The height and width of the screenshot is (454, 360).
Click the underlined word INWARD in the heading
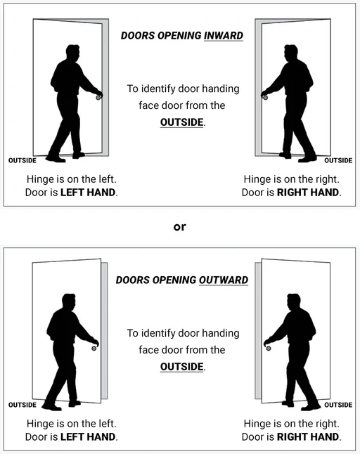coord(224,36)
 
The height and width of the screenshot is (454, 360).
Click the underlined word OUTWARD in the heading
coord(224,280)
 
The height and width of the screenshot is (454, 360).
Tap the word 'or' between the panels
coord(179,227)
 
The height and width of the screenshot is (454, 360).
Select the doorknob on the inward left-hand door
coord(98,98)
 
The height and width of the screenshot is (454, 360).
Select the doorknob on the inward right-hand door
coord(265,98)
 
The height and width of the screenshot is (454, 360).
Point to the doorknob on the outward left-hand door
coord(94,349)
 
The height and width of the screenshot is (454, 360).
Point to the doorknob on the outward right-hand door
coord(269,349)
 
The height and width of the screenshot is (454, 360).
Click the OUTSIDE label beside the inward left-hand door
coord(22,160)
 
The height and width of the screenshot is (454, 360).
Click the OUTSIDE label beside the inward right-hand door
coord(338,160)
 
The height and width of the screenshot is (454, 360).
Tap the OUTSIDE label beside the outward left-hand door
coord(22,405)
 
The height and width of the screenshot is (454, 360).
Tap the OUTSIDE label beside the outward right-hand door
coord(338,405)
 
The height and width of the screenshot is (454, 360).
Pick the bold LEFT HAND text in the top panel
coord(88,193)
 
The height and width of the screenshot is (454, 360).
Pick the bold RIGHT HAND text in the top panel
coord(308,193)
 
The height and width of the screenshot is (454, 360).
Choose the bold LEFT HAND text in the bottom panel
coord(88,436)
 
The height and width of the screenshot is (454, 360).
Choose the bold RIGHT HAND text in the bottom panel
coord(308,436)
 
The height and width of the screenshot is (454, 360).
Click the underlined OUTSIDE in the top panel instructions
coord(182,122)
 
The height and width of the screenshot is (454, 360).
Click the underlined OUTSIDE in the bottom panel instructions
coord(182,367)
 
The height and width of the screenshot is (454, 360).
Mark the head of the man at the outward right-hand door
coord(293,302)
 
